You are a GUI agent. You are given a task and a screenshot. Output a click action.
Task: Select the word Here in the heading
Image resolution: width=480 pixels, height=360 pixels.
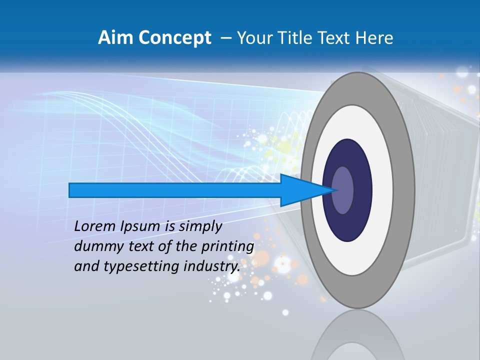point(375,38)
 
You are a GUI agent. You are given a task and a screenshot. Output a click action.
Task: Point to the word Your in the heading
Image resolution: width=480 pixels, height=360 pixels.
point(252,38)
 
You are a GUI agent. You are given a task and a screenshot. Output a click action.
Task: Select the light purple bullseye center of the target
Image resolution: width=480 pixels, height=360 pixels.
point(343,190)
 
